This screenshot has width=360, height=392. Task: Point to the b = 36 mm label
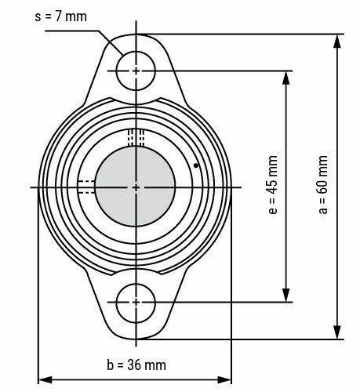(x=136, y=365)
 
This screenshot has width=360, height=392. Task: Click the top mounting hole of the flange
(x=136, y=71)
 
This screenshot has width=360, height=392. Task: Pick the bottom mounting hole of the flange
(x=136, y=302)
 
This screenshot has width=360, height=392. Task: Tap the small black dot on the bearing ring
(x=195, y=165)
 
